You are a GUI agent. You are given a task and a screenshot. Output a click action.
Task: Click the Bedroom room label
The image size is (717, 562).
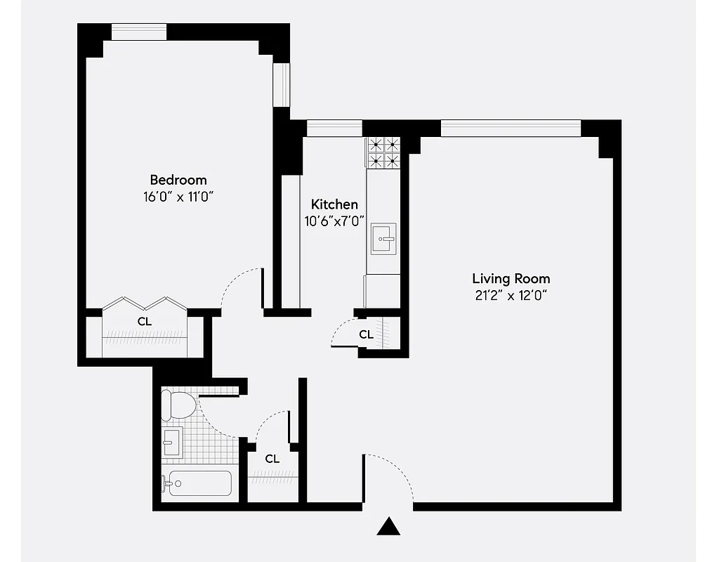[178, 180]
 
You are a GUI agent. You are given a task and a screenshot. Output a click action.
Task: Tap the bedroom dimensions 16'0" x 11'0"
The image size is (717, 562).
[178, 197]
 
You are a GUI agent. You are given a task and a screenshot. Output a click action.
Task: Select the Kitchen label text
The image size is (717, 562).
[334, 204]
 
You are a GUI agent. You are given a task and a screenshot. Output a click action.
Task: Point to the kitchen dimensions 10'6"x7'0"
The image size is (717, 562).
[334, 221]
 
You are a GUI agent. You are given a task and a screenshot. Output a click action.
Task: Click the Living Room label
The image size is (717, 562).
[511, 279]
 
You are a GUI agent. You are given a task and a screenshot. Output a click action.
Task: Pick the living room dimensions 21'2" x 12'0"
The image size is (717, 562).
[511, 296]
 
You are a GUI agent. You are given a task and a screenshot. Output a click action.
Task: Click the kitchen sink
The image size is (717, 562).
[383, 239]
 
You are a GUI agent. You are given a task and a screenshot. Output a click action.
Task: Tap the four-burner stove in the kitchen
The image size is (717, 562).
[383, 153]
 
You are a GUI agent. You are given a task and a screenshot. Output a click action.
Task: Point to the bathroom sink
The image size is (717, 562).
[172, 443]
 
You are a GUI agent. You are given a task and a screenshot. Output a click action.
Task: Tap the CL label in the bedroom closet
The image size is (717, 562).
[144, 321]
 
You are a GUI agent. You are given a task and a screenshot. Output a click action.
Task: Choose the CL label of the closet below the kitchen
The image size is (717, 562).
[366, 335]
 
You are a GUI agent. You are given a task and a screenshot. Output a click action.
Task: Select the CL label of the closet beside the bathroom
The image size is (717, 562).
[272, 459]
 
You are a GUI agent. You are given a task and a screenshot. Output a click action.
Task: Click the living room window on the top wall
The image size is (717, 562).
[511, 128]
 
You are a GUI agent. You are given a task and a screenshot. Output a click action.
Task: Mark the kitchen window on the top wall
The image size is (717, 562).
[334, 128]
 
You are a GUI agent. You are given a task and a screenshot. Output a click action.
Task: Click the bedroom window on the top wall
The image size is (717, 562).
[139, 32]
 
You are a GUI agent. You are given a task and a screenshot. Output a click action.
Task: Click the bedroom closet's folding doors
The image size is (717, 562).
[144, 303]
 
